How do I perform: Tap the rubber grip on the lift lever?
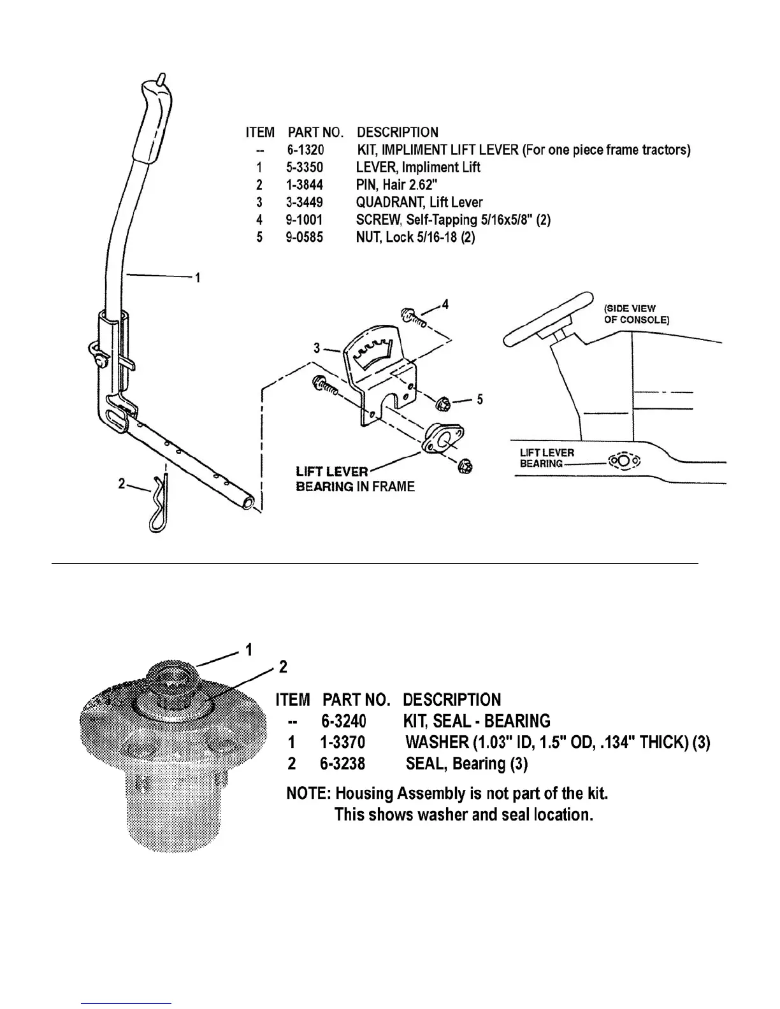(x=149, y=124)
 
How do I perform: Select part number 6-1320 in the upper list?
(x=305, y=150)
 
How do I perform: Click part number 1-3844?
(x=305, y=185)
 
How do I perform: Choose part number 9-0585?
(x=305, y=238)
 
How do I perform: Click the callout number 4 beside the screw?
(x=445, y=304)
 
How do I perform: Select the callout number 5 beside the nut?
(x=479, y=399)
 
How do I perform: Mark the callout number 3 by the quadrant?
(x=317, y=348)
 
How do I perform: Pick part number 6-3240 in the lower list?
(x=343, y=721)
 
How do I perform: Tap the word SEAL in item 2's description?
(x=426, y=763)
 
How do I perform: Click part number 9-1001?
(x=305, y=220)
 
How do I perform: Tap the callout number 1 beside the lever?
(x=198, y=278)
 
